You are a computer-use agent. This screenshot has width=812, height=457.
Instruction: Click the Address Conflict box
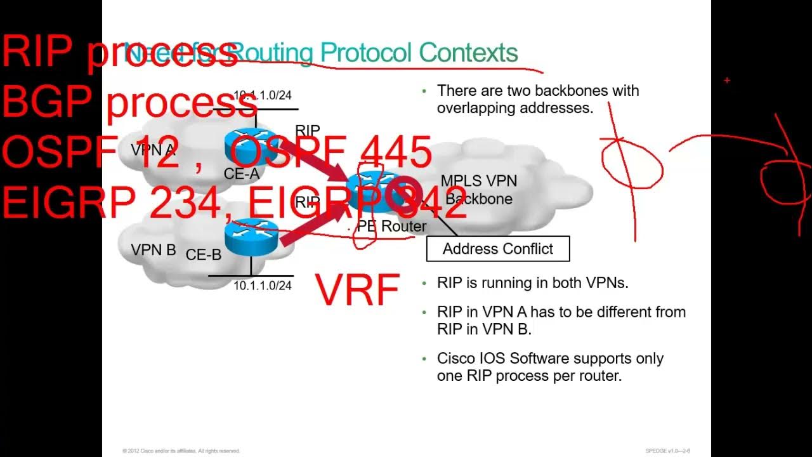pos(498,249)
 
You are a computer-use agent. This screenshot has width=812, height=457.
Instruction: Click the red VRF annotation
pos(358,290)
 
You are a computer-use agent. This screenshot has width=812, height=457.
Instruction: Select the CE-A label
pos(242,173)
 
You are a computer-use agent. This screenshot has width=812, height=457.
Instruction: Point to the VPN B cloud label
pos(154,250)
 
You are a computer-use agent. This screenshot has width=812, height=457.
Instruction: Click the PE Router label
pos(392,227)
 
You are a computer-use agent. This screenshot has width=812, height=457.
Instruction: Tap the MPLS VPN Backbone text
pos(479,190)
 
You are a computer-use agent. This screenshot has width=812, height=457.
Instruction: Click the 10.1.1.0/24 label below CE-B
pos(263,286)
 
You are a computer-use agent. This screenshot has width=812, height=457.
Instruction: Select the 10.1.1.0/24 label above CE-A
pos(263,95)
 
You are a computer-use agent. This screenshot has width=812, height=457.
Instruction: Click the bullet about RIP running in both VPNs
pos(532,283)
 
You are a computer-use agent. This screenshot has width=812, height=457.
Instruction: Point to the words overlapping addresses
pos(514,108)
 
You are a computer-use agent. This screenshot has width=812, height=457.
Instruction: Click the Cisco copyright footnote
pos(181,451)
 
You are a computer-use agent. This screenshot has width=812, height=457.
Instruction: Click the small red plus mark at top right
pos(727,81)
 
